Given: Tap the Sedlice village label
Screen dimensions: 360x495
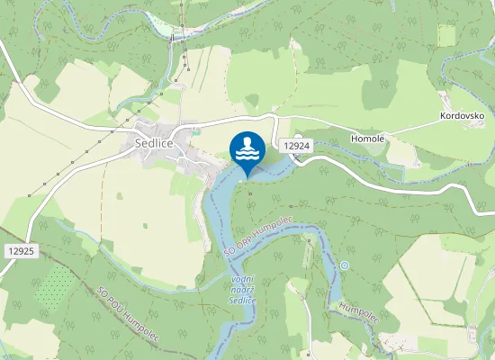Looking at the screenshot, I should tap(155, 142).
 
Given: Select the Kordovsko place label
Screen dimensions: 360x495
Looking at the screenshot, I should tap(462, 117).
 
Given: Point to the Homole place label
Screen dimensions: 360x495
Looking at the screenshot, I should tap(367, 139).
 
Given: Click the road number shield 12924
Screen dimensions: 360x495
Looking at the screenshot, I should tap(295, 145).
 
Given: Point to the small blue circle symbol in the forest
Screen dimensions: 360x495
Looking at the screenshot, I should tap(344, 265).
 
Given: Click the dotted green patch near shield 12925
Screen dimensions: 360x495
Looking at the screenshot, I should tap(55, 287).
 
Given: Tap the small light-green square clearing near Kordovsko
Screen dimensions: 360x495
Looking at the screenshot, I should tap(446, 35).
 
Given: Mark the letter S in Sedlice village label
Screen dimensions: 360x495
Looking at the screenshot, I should tap(139, 142).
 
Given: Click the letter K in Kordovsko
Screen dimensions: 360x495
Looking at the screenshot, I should tap(443, 117).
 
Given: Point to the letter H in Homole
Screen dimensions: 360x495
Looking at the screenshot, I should tap(353, 139).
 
